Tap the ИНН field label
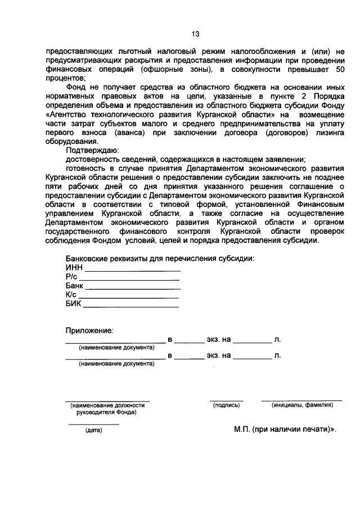(74, 267)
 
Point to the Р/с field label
(72, 276)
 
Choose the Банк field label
(75, 285)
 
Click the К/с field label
(71, 294)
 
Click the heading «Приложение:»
(89, 330)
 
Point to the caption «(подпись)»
(226, 404)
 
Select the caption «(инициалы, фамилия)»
(301, 404)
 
